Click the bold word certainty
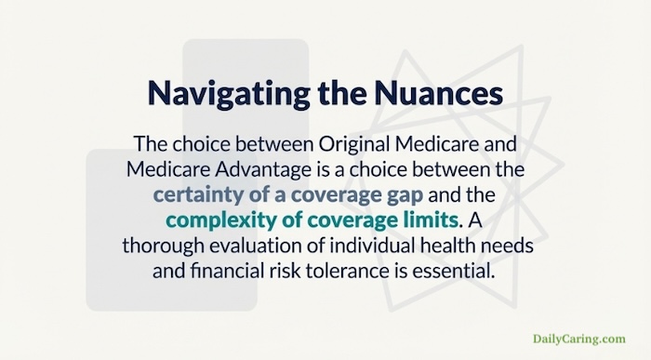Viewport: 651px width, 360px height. [x=199, y=196]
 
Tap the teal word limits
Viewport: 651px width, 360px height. [x=424, y=221]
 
